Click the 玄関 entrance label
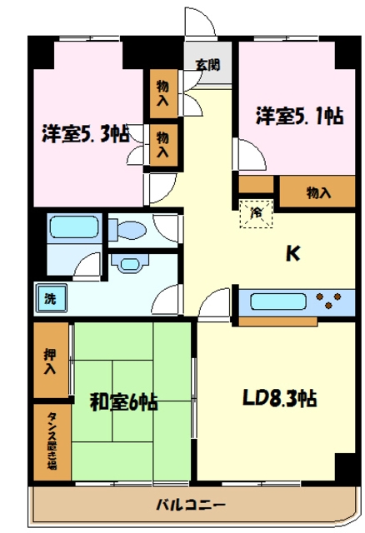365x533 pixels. (208, 64)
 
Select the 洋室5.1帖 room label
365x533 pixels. (299, 116)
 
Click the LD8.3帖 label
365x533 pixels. (279, 398)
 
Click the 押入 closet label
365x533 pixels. (50, 361)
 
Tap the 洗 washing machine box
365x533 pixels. (50, 297)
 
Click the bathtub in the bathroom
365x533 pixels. (73, 228)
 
